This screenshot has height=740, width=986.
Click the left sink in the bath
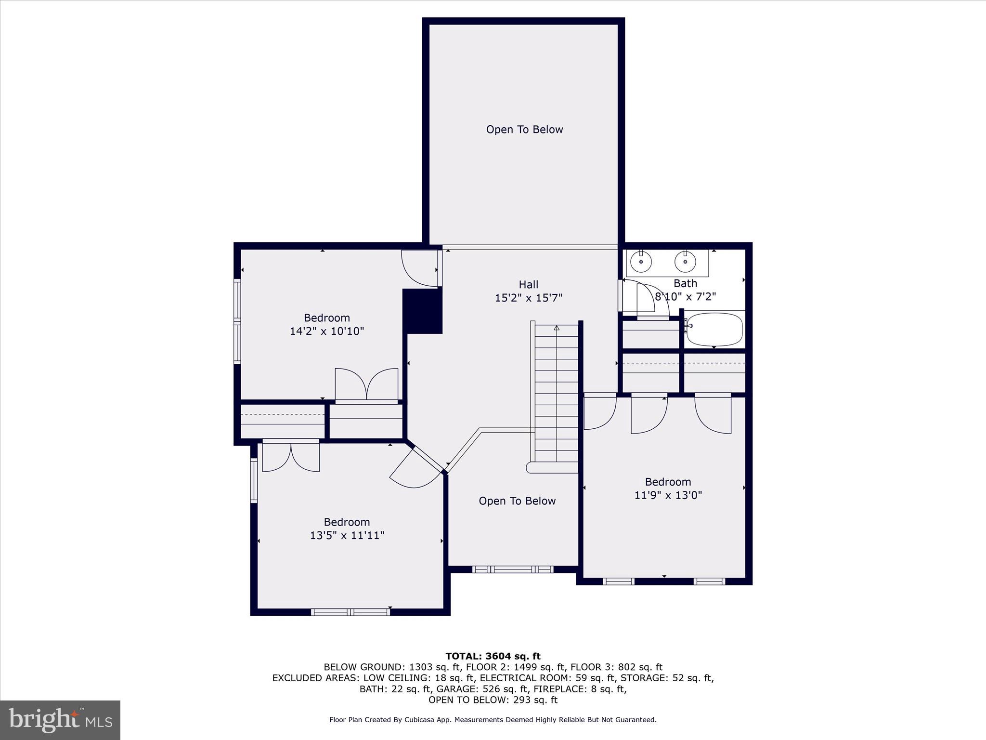pos(641,262)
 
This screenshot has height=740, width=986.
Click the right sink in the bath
pos(685,262)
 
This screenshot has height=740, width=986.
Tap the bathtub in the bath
pos(714,330)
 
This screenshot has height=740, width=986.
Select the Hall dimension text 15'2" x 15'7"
pos(529,298)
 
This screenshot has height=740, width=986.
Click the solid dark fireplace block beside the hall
pos(423,311)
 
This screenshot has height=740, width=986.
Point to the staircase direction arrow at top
pos(557,328)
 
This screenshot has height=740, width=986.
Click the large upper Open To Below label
pos(524,130)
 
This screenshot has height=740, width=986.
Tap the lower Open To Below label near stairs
pos(517,501)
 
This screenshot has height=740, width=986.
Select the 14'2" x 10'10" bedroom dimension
pos(327,331)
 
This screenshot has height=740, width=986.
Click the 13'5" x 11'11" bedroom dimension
pos(347,535)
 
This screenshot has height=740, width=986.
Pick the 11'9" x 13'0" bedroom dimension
pos(668,495)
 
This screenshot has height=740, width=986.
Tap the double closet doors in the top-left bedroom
pos(367,384)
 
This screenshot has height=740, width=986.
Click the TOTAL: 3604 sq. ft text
pos(493,656)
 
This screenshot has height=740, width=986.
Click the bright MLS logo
pos(60,720)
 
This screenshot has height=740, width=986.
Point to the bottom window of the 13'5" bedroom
pos(350,612)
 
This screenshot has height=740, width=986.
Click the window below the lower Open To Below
pos(513,569)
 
